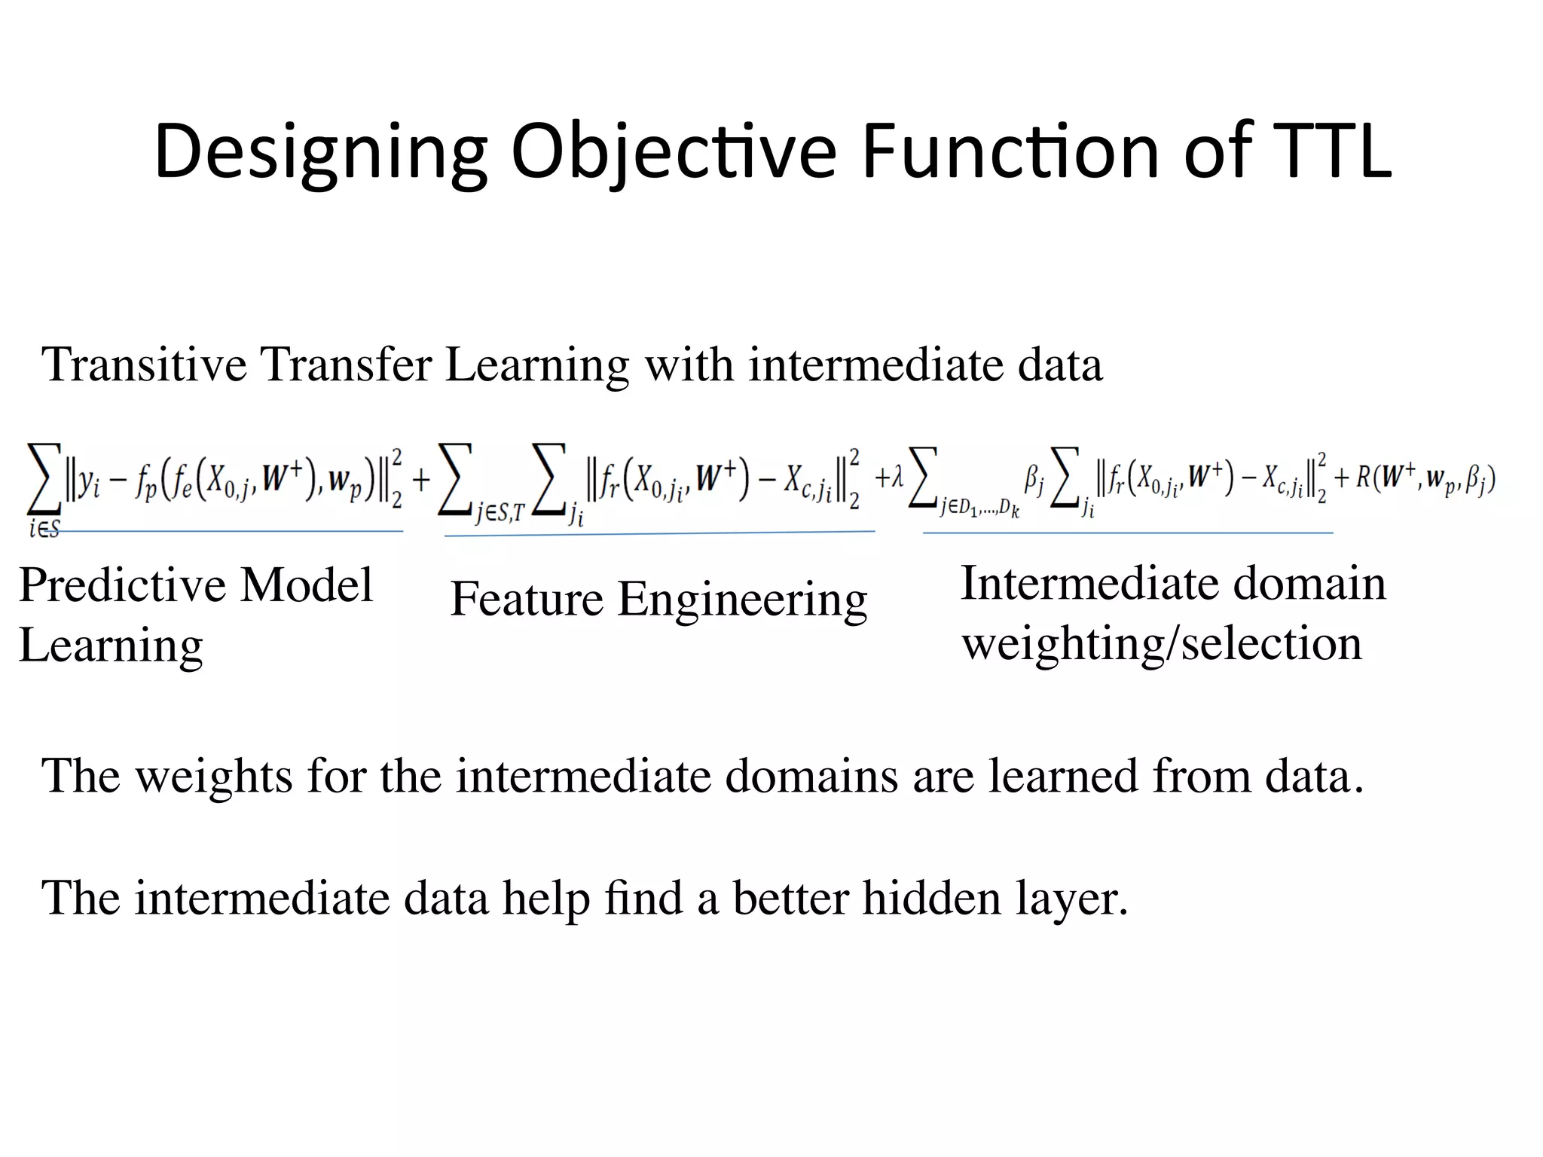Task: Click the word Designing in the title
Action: (320, 152)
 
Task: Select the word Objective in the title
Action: (674, 152)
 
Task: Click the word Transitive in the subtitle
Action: (144, 365)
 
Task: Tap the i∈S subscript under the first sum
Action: (44, 529)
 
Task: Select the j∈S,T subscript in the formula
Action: (499, 514)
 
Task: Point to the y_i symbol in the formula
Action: (90, 480)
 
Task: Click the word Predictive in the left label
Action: (122, 585)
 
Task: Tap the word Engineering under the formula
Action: (742, 600)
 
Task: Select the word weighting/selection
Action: (1162, 644)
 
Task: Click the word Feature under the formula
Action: (527, 600)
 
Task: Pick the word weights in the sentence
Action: (214, 776)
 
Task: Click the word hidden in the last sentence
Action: (931, 898)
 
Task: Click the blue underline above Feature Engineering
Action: (659, 533)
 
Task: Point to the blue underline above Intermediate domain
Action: (1128, 533)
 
